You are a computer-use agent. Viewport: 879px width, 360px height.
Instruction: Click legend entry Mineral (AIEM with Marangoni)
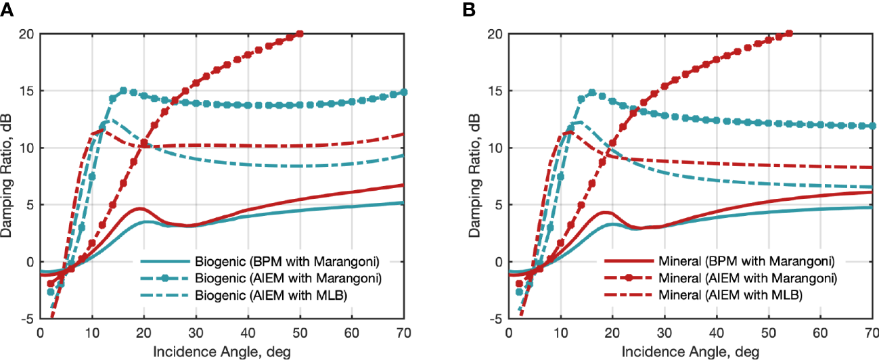(741, 277)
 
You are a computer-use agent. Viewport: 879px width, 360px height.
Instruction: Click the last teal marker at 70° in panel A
(404, 92)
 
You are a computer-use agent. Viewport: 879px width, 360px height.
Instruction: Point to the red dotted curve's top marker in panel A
(300, 33)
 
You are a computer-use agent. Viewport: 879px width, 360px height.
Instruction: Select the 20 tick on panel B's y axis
(496, 34)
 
